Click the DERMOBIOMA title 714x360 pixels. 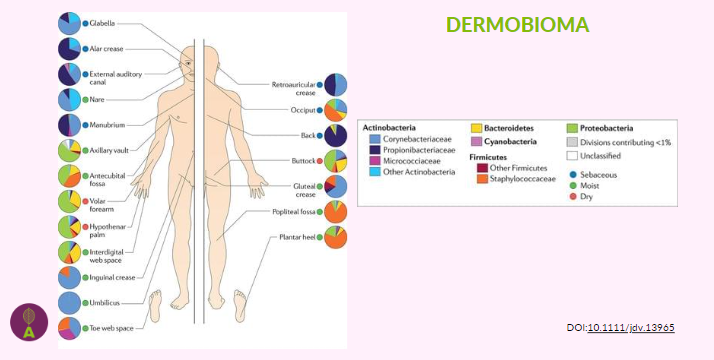[x=517, y=24]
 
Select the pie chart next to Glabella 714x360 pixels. [x=69, y=22]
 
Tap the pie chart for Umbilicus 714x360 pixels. [x=69, y=303]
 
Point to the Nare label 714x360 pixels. [x=99, y=100]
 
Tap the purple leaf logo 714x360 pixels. [x=29, y=322]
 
